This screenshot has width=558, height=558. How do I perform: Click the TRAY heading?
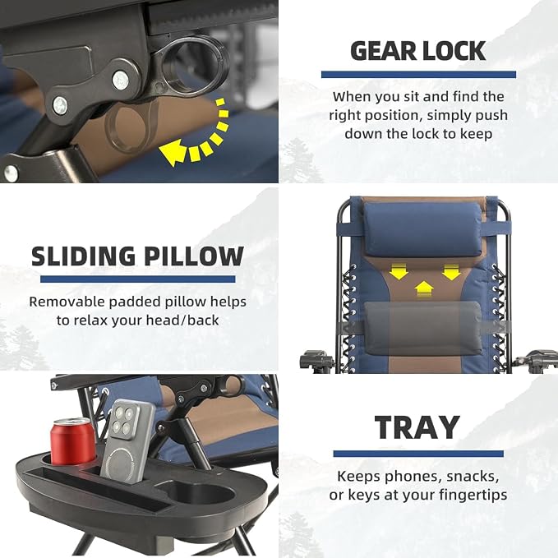(x=417, y=427)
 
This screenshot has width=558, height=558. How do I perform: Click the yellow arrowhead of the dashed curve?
(x=173, y=152)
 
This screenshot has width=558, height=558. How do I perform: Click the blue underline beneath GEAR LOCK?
(x=418, y=75)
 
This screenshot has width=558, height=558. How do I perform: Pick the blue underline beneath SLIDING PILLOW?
(x=138, y=279)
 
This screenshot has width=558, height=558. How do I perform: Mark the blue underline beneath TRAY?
(x=418, y=454)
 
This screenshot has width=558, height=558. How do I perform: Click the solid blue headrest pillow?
(x=423, y=229)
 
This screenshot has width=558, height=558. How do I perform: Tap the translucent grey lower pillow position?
(x=423, y=328)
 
